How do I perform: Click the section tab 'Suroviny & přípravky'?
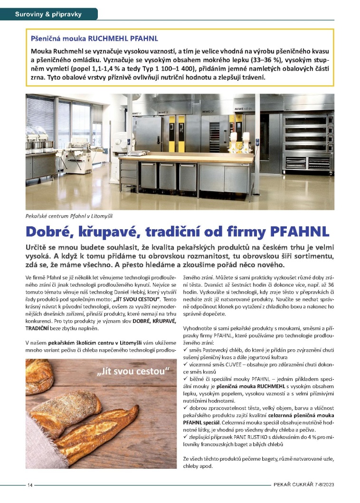(x=48, y=14)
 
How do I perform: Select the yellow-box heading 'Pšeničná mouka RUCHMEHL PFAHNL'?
(x=95, y=37)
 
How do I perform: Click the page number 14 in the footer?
(x=30, y=484)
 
